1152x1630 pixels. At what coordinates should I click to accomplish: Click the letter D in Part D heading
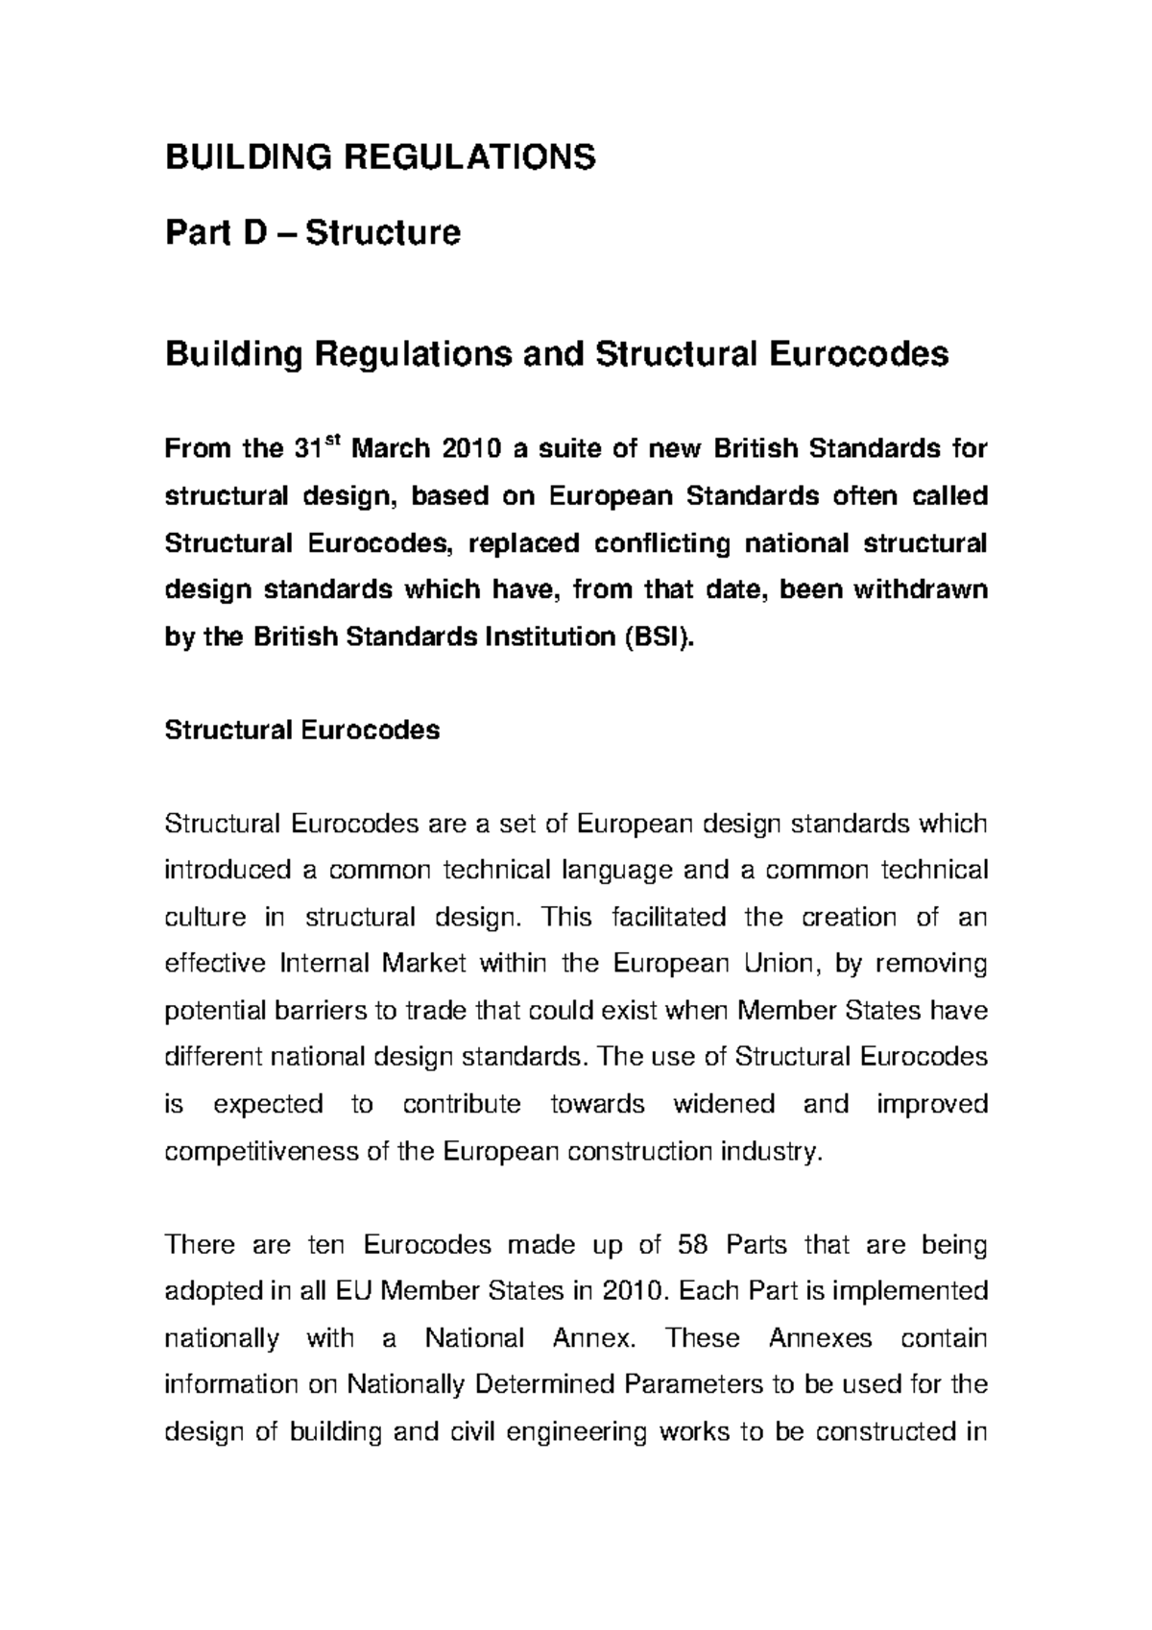click(254, 232)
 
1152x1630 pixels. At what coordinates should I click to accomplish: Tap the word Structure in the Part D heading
click(383, 232)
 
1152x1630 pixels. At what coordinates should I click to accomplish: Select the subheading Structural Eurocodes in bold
click(302, 731)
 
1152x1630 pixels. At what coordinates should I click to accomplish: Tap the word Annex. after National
click(595, 1339)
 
